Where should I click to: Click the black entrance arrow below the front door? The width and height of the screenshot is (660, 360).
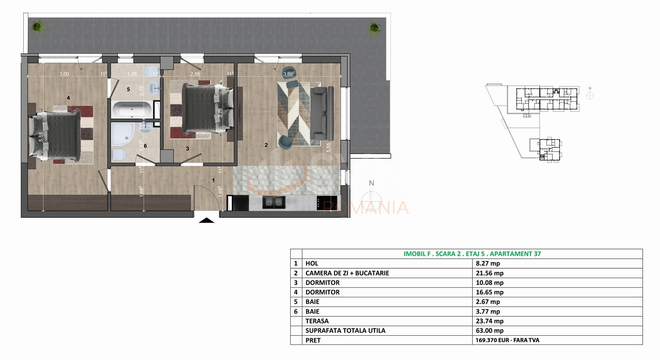point(206,221)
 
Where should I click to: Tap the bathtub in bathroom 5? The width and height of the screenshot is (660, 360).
point(132,110)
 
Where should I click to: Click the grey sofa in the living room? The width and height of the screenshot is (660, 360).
point(323,113)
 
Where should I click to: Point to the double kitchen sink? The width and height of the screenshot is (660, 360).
point(274,202)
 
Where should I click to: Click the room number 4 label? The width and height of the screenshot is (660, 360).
point(68,98)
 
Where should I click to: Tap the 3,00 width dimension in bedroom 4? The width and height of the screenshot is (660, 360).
point(64,74)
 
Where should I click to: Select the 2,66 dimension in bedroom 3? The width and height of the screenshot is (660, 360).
point(195,74)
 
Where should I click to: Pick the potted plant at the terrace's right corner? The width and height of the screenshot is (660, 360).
point(374,28)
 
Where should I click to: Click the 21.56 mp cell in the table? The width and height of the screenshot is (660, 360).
point(490,273)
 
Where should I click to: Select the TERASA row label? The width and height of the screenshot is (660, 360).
point(317,321)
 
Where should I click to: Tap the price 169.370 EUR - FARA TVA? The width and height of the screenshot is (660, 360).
point(507,340)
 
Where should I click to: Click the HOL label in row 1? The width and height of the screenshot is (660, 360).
point(311,263)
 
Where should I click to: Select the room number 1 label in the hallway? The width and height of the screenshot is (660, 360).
point(213,180)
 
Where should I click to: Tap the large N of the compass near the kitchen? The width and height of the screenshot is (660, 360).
point(371,183)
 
